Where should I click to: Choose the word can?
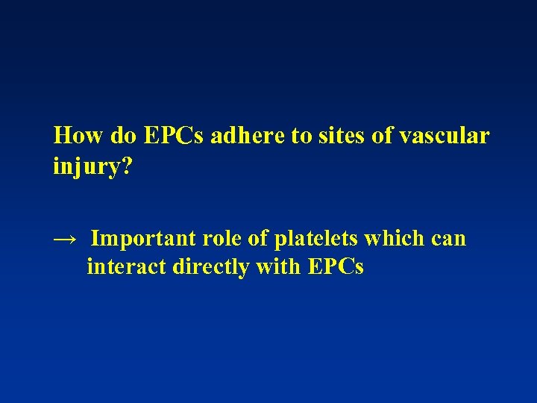tap(449, 239)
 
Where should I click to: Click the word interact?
tap(126, 266)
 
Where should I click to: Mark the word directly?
tap(211, 267)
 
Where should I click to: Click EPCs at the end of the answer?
tap(336, 266)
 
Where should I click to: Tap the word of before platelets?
tap(262, 239)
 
